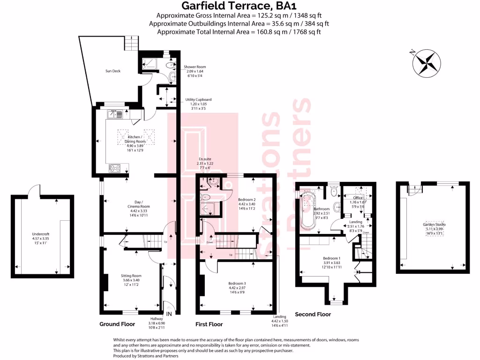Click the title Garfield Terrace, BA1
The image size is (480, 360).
pyautogui.click(x=239, y=6)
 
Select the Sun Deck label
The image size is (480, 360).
pyautogui.click(x=112, y=71)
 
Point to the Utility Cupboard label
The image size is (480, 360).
pyautogui.click(x=198, y=100)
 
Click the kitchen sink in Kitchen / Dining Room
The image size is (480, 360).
pyautogui.click(x=115, y=113)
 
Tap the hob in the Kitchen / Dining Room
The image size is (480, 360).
pyautogui.click(x=115, y=168)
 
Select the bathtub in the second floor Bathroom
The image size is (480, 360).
pyautogui.click(x=309, y=210)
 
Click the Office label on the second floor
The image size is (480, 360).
pyautogui.click(x=358, y=198)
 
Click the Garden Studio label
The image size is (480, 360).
pyautogui.click(x=434, y=225)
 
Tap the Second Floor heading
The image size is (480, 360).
pyautogui.click(x=313, y=314)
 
